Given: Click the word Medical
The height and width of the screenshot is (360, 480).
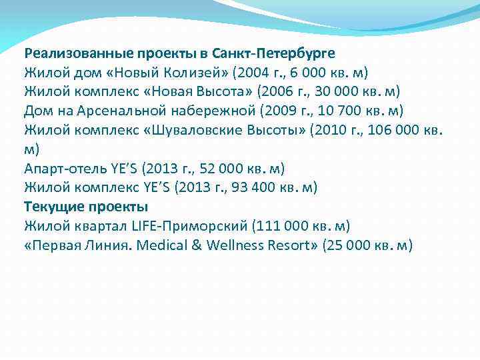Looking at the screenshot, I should (x=163, y=245).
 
